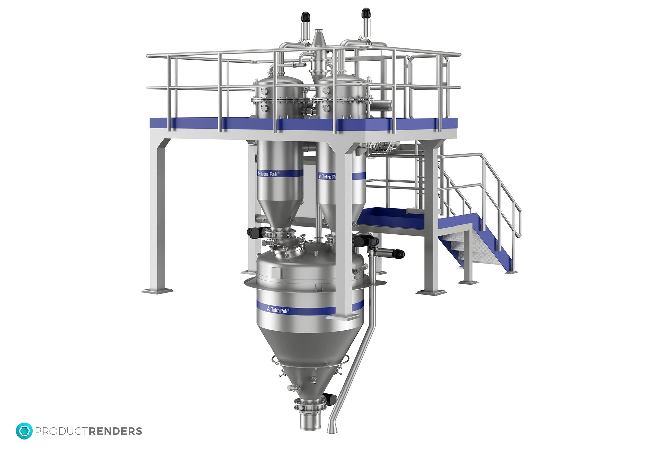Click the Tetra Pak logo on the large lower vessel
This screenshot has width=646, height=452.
278,310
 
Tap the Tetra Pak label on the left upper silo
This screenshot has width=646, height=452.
268,174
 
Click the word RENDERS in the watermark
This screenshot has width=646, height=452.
115,431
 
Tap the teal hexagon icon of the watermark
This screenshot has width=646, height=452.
24,431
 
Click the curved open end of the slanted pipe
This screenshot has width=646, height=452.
331,430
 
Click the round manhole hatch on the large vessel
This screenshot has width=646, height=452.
283,251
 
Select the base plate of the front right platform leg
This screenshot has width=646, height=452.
431,292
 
